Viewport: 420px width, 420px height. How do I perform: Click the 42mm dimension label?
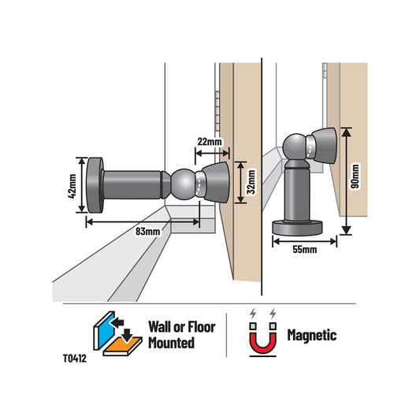(72, 186)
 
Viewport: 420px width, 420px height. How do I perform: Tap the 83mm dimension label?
(147, 231)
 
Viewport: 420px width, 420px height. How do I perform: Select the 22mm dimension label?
(210, 141)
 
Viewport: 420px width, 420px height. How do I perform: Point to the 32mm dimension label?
(251, 182)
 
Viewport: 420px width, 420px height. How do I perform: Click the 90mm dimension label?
(355, 177)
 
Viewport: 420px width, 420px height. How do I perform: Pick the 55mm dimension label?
(304, 249)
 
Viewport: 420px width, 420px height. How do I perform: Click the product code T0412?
(75, 359)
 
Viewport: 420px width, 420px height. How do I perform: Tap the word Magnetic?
(312, 335)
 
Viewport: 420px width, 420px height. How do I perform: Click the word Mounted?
(172, 343)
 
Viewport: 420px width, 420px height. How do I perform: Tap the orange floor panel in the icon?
(123, 345)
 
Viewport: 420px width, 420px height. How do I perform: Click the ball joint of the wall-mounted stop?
(184, 184)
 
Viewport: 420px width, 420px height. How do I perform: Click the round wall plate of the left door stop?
(95, 185)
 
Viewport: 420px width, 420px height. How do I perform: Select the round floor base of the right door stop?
(297, 228)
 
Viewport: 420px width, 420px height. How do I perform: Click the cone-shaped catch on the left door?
(216, 182)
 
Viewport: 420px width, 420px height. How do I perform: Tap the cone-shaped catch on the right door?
(325, 146)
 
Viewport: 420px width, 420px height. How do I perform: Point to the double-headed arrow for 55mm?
(304, 241)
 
